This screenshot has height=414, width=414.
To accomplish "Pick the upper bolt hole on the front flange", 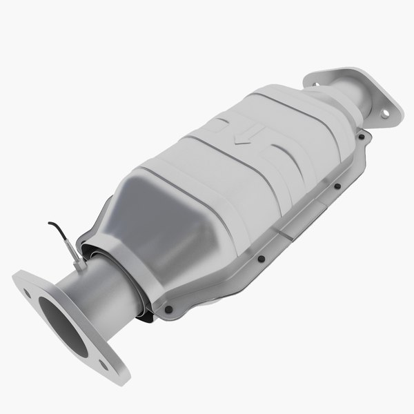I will (x=27, y=293).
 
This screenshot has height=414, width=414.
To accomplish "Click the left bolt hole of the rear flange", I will (x=319, y=77).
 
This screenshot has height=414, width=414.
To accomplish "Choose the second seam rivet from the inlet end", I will (x=262, y=260).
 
